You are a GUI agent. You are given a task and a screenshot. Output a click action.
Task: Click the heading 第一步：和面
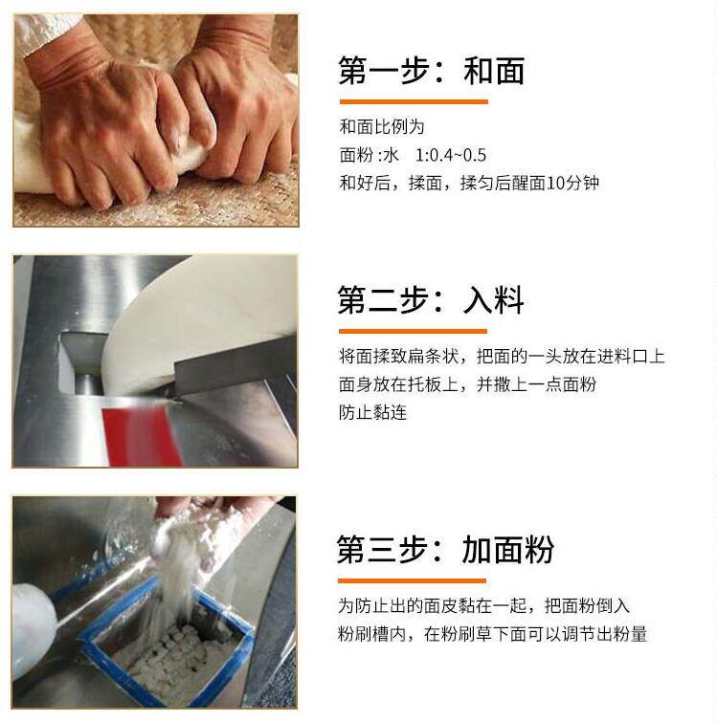pyautogui.click(x=431, y=71)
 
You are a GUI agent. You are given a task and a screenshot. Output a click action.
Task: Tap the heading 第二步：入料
pyautogui.click(x=430, y=300)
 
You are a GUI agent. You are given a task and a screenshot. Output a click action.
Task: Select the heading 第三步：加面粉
pyautogui.click(x=445, y=549)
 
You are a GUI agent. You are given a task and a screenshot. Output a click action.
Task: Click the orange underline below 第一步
pyautogui.click(x=414, y=101)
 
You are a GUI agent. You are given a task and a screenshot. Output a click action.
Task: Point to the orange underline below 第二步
pyautogui.click(x=413, y=331)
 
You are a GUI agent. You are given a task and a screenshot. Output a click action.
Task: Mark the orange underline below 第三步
pyautogui.click(x=412, y=580)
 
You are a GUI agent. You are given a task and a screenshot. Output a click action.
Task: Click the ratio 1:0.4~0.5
pyautogui.click(x=451, y=156)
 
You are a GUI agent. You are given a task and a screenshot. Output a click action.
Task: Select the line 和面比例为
pyautogui.click(x=382, y=127)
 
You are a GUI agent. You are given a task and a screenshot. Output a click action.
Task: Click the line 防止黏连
pyautogui.click(x=372, y=412)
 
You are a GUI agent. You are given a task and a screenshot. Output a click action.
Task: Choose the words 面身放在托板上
pyautogui.click(x=398, y=384)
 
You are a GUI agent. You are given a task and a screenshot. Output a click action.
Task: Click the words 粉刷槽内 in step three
pyautogui.click(x=371, y=634)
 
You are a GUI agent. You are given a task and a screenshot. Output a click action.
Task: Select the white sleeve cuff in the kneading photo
pyautogui.click(x=46, y=30)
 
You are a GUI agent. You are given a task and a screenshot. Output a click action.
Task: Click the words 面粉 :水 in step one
pyautogui.click(x=370, y=156)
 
